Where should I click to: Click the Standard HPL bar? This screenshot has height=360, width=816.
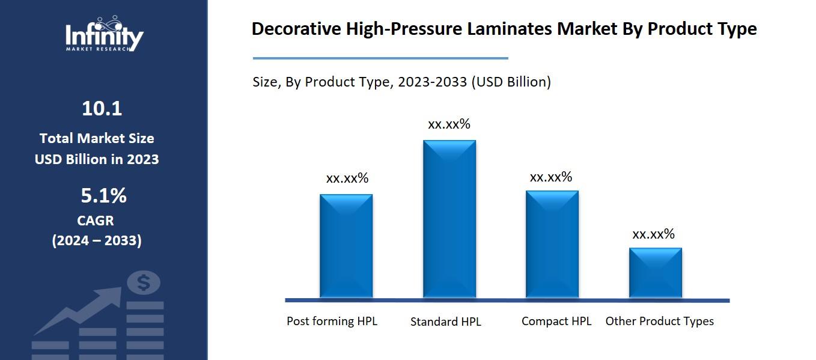point(449,219)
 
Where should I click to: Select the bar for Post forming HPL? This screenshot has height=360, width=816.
point(346,246)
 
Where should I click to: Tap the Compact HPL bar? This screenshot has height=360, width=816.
point(552,244)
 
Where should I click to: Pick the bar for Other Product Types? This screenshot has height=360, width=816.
point(655,273)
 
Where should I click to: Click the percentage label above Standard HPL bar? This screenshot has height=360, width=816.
point(449,124)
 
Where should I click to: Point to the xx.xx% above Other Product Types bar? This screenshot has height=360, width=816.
point(653,234)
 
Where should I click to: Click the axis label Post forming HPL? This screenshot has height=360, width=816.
point(332,321)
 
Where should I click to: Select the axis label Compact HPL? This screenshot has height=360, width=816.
point(556,321)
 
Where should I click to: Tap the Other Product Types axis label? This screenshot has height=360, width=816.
point(659,321)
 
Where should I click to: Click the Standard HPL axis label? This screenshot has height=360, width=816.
point(445,322)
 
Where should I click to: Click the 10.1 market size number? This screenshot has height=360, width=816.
point(102,109)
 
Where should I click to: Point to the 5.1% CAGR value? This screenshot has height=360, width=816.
point(103,196)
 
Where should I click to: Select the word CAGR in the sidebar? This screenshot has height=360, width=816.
point(96,221)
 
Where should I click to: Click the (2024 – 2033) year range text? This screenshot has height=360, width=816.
point(97,240)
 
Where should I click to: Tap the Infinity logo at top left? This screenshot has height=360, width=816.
point(104,35)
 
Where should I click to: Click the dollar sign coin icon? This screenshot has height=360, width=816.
point(144,282)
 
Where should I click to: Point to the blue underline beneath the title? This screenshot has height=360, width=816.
point(380,58)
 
